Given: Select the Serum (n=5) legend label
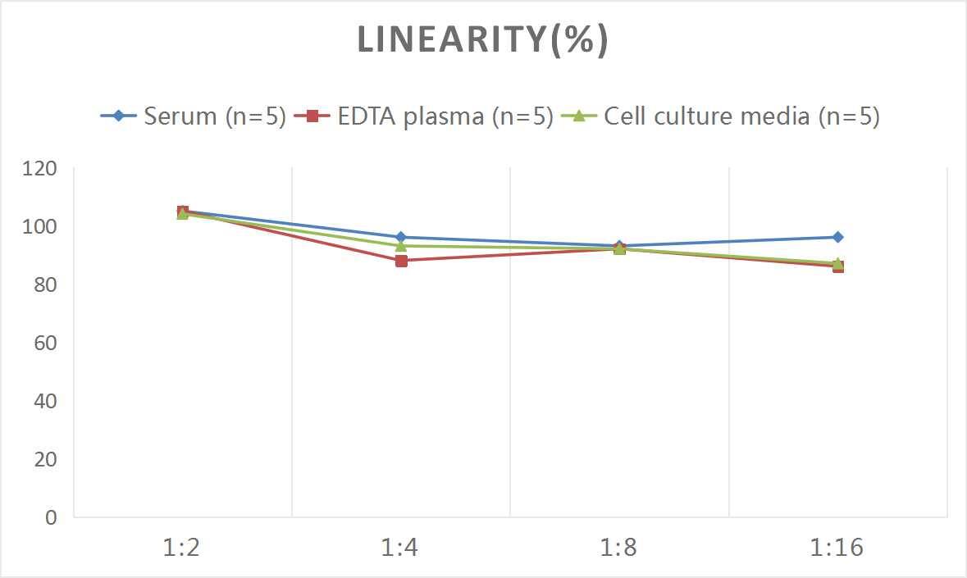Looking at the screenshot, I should click(214, 116).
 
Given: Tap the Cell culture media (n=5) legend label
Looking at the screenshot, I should click(741, 116).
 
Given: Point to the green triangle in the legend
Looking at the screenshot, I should click(578, 116).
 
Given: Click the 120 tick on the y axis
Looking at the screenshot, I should click(40, 169).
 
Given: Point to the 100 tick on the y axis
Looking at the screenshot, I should click(40, 227).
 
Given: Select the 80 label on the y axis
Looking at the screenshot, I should click(45, 285).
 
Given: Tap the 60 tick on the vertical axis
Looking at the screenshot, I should click(45, 343).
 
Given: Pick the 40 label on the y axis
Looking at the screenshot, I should click(45, 401).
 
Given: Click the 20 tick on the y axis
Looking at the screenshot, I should click(45, 459).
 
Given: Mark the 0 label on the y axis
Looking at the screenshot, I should click(52, 517).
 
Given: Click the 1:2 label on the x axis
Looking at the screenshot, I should click(182, 547).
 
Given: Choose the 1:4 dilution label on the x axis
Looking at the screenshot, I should click(400, 547).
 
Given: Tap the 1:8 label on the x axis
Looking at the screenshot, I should click(619, 547).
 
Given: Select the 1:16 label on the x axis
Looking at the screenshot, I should click(837, 547).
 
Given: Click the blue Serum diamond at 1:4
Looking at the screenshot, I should click(401, 237).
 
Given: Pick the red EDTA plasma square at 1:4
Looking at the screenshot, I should click(401, 261).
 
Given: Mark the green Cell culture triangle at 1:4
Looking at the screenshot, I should click(401, 246).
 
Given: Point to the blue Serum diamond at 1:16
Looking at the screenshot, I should click(837, 237).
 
